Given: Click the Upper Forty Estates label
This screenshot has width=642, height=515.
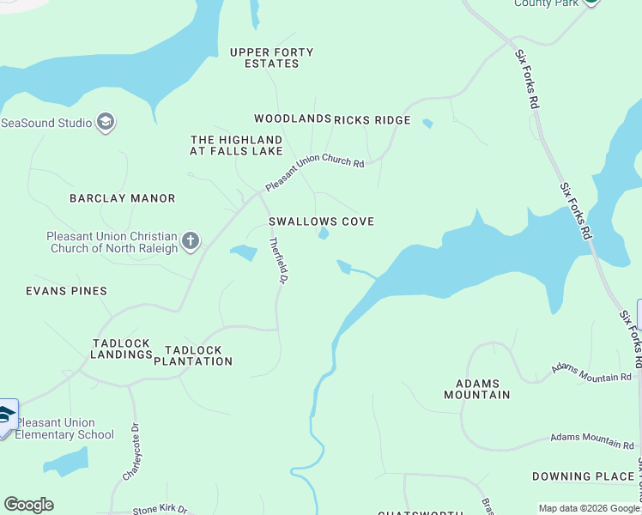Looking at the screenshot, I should click(271, 58).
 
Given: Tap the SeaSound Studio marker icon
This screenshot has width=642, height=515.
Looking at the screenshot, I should click(106, 123).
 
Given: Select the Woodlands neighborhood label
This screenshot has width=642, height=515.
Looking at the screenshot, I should click(292, 119).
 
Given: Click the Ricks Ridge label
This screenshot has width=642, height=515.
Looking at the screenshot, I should click(372, 120).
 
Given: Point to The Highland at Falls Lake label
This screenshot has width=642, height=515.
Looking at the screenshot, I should click(236, 145).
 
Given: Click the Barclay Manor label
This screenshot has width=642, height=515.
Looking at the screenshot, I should click(123, 198).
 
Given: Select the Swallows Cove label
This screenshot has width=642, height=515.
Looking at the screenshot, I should click(321, 221).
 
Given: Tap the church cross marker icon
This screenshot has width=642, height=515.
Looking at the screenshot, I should click(190, 241).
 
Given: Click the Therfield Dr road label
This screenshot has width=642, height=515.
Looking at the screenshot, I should click(279, 260).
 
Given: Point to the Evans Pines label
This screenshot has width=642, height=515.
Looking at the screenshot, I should click(66, 291).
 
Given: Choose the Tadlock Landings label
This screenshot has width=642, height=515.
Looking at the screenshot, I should click(121, 348).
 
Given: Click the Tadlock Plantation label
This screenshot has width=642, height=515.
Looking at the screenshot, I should click(193, 355).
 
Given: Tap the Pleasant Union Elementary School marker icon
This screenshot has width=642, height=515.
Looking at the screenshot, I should click(6, 416).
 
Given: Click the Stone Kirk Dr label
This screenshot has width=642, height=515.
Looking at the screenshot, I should click(160, 510).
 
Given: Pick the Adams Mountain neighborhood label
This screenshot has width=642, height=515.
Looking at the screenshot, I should click(476, 389).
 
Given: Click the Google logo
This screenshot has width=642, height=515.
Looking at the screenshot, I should click(28, 505).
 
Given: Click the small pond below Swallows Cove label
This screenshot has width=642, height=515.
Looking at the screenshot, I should click(324, 233).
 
